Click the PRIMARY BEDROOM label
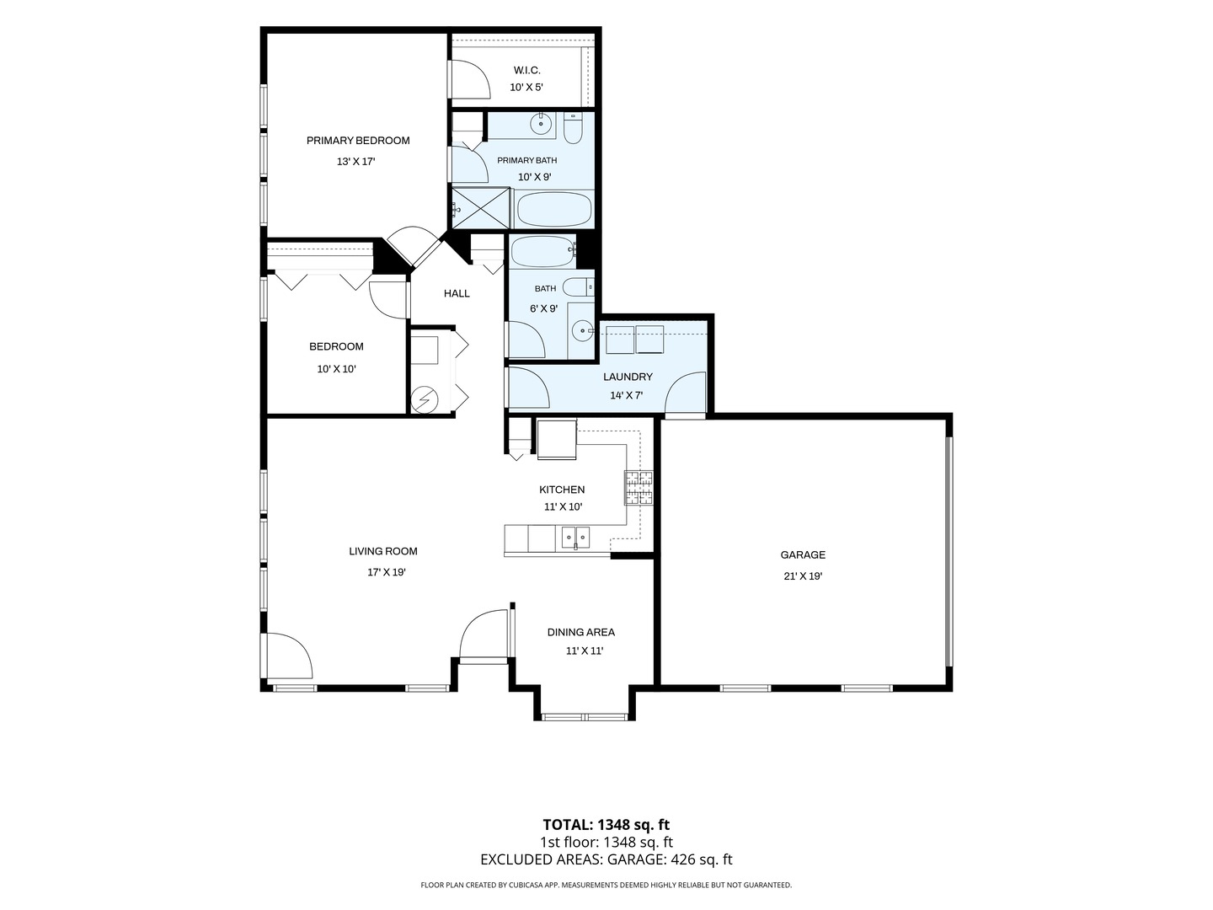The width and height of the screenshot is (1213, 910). coord(358,141)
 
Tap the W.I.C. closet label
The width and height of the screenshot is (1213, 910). coord(526,70)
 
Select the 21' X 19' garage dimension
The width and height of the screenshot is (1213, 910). coord(803,576)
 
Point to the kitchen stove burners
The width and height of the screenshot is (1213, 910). coord(639,487)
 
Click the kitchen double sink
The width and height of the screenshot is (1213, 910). coord(575,536)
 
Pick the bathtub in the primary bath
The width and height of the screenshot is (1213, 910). coord(554,210)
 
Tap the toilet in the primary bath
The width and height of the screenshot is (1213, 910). coord(573,128)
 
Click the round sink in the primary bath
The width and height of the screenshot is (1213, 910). coord(541,124)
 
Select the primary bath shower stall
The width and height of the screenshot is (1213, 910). coord(481,208)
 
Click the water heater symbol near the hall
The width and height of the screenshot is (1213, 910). coord(425,399)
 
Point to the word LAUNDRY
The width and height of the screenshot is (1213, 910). coord(628,377)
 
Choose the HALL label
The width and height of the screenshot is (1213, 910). coord(457,293)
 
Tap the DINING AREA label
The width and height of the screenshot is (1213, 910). coord(580,632)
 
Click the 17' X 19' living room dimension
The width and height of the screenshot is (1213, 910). coord(387,572)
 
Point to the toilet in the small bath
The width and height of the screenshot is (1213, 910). coord(579,287)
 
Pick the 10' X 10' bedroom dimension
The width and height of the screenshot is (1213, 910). coord(336,369)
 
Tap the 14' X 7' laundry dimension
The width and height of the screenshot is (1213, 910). coord(626,396)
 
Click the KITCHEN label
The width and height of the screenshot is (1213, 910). coord(562,490)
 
